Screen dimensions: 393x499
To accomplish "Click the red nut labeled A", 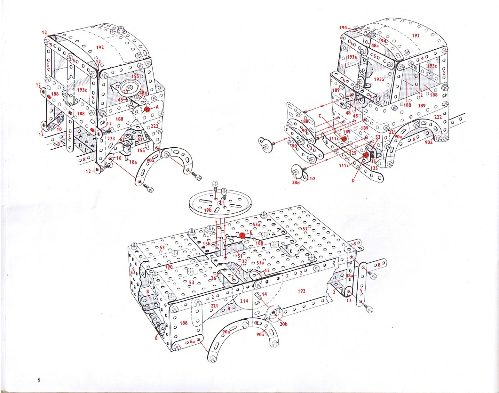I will (147, 109).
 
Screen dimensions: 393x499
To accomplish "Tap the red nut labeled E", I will (242, 235).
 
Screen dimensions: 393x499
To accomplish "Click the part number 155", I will (135, 77).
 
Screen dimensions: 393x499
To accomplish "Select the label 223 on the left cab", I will (111, 138).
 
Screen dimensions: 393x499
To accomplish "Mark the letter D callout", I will (353, 180).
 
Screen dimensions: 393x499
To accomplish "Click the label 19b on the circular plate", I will (208, 210).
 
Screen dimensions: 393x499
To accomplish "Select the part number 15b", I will (207, 244).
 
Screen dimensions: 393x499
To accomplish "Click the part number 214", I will (244, 301).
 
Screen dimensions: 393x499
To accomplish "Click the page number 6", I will (39, 380).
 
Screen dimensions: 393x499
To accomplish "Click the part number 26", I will (213, 278).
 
